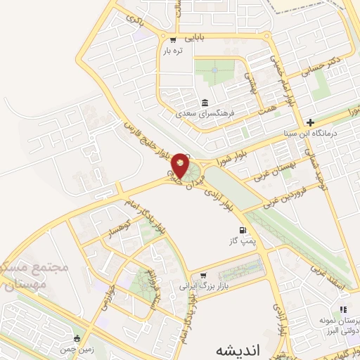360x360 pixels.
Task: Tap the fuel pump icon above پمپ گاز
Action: [x=243, y=230]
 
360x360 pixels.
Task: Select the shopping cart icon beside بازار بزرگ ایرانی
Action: [x=203, y=275]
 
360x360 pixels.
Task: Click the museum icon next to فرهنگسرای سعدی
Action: [x=205, y=101]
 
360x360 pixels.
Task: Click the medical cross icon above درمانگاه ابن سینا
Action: [x=310, y=122]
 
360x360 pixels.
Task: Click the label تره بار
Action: [x=173, y=51]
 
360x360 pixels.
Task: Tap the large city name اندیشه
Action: [x=224, y=349]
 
